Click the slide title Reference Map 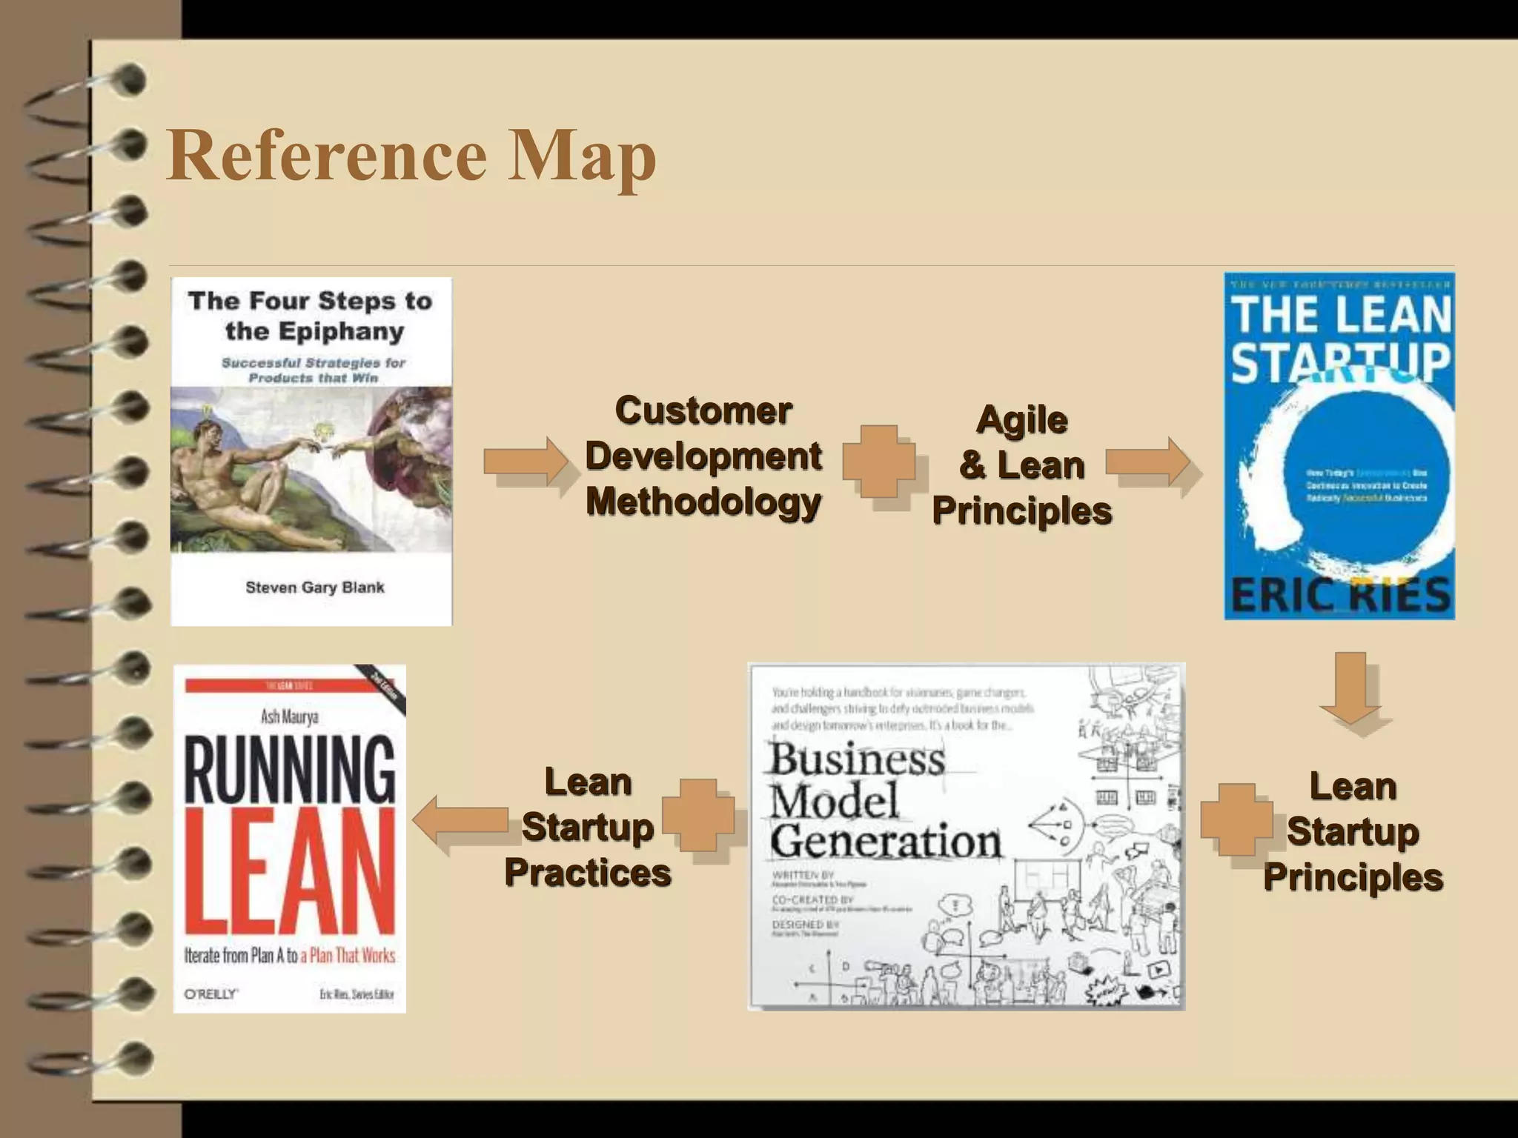pyautogui.click(x=412, y=155)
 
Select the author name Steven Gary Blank pyautogui.click(x=315, y=588)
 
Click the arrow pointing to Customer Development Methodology pyautogui.click(x=526, y=461)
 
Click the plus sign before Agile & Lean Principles pyautogui.click(x=879, y=461)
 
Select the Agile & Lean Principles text pyautogui.click(x=1022, y=465)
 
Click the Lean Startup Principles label pyautogui.click(x=1353, y=831)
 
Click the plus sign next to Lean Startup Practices pyautogui.click(x=698, y=815)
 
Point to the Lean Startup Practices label pyautogui.click(x=588, y=827)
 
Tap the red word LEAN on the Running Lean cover pyautogui.click(x=290, y=871)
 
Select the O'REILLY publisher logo pyautogui.click(x=211, y=994)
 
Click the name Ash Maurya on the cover pyautogui.click(x=290, y=716)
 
